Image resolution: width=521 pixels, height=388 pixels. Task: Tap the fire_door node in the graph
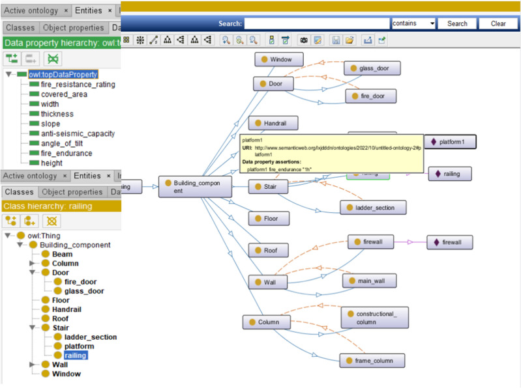[x=370, y=96]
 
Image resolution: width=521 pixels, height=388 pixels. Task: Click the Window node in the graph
[x=278, y=59]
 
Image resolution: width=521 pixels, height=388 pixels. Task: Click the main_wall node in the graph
[x=369, y=281]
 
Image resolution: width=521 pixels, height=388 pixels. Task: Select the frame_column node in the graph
[x=371, y=361]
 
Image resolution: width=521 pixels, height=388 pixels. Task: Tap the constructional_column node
[x=375, y=318]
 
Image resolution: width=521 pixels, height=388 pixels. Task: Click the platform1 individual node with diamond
[x=450, y=141]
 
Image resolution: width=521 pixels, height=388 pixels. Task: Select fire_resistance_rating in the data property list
[x=78, y=85]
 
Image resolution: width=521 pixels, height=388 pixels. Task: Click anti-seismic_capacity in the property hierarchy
[x=78, y=133]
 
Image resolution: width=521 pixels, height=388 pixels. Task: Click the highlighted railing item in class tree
[x=75, y=355]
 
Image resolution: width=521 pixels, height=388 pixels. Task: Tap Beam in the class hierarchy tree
[x=62, y=254]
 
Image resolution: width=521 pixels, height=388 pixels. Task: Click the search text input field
[x=316, y=23]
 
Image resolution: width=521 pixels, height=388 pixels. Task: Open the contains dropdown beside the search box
[x=413, y=23]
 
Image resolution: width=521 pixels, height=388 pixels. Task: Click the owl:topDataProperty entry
[x=63, y=75]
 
